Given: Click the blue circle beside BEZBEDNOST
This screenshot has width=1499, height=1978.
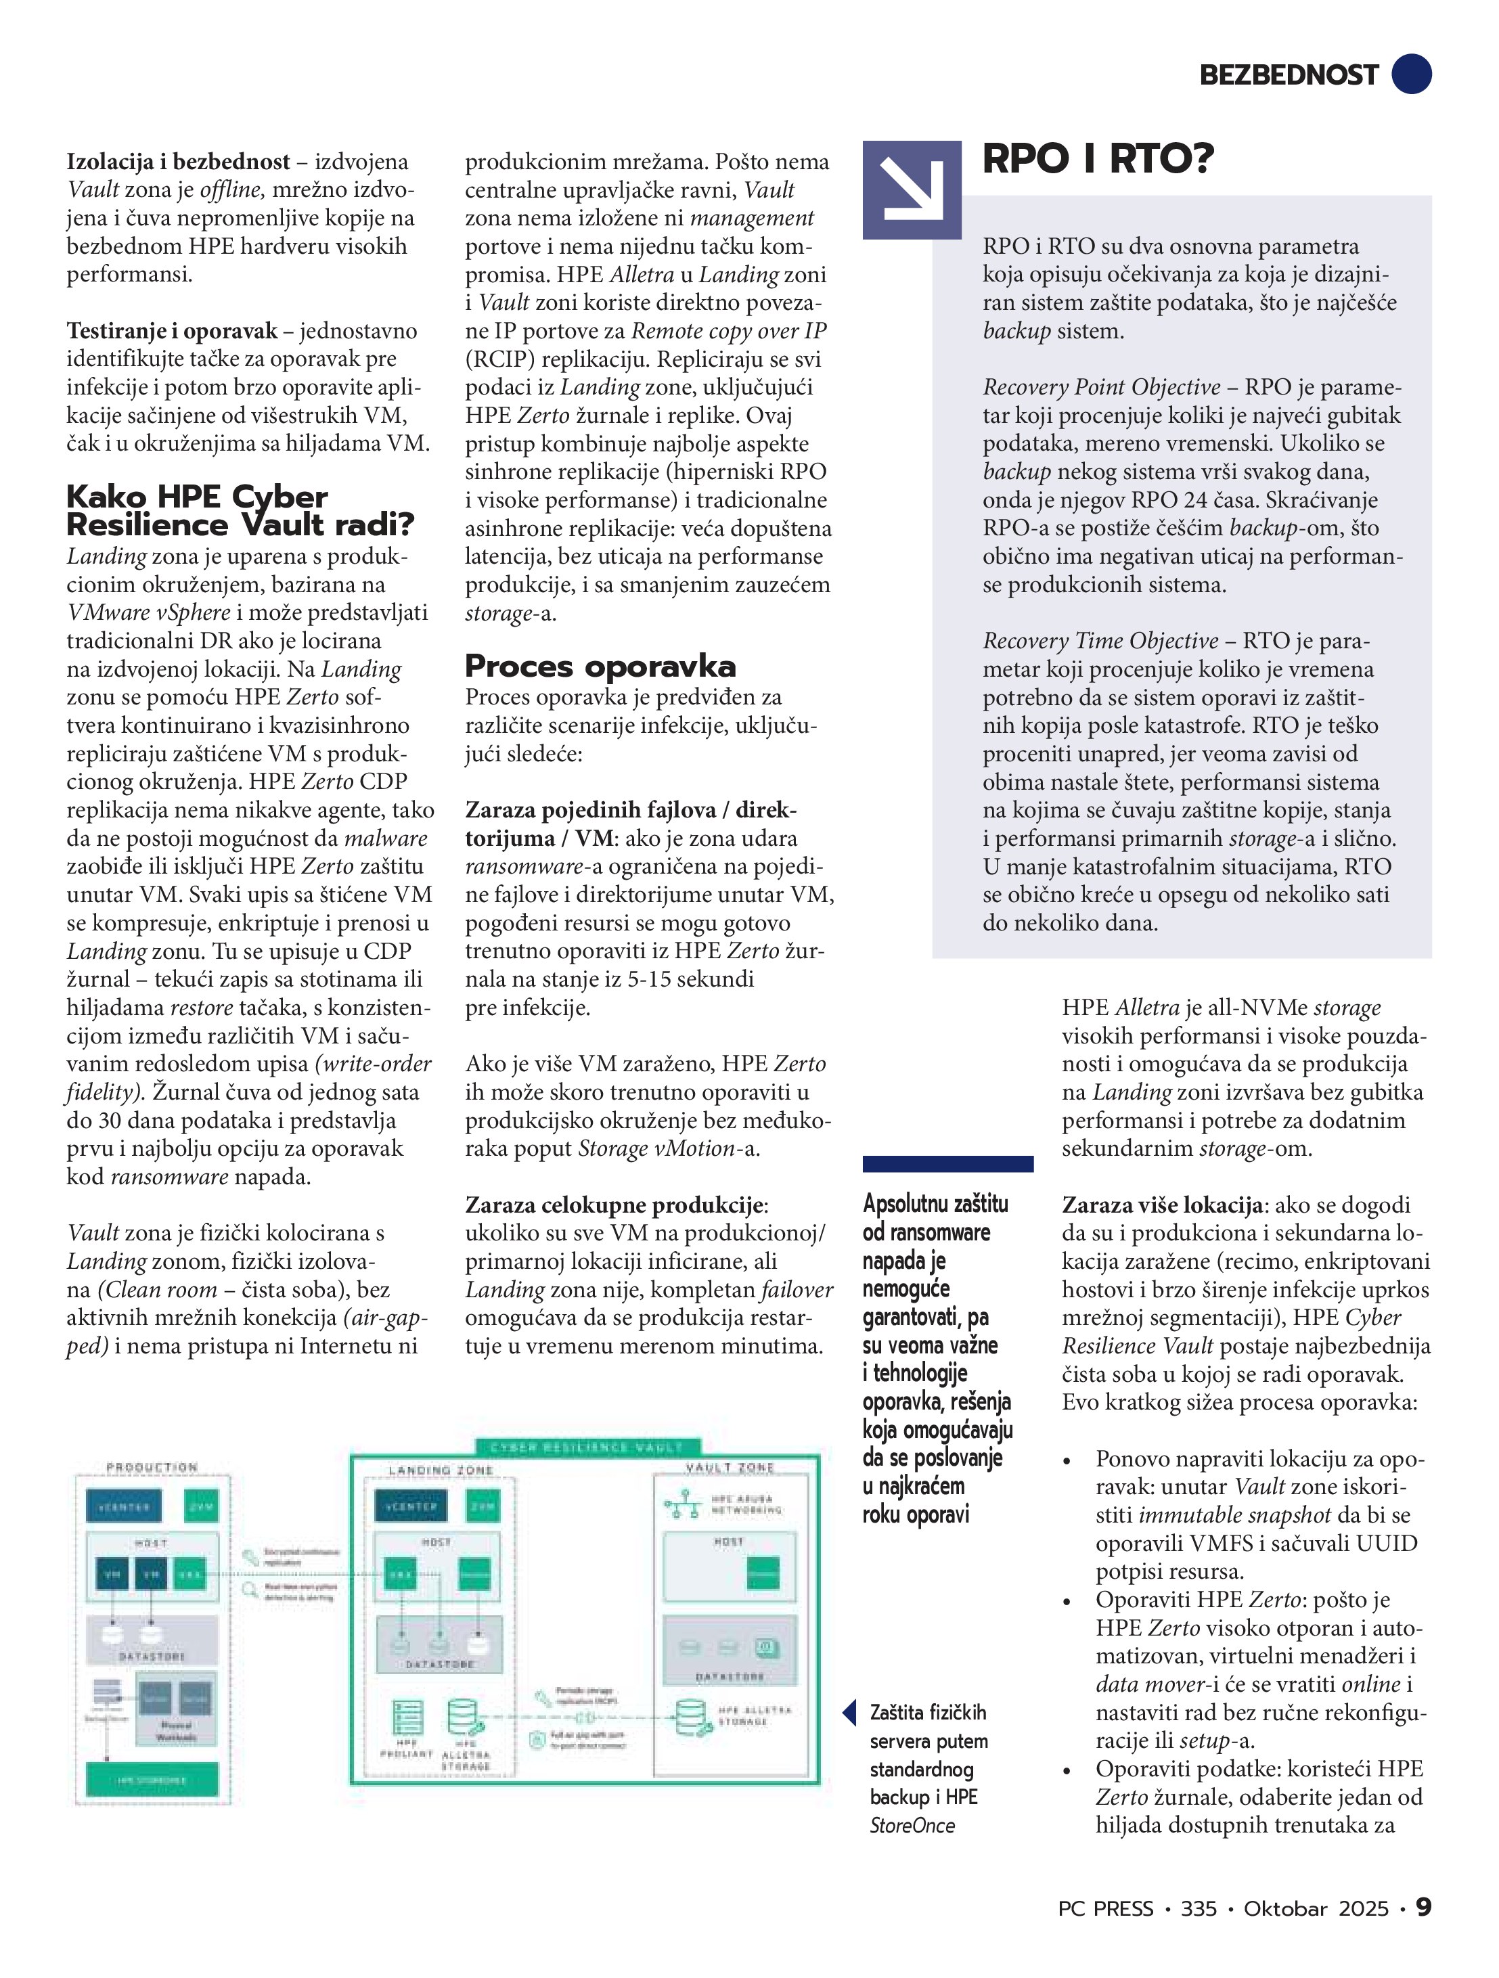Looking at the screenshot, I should click(x=1411, y=73).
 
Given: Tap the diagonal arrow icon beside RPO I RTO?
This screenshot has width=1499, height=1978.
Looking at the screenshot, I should click(x=912, y=189).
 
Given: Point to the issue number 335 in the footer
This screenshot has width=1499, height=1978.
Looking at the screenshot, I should click(x=1199, y=1908).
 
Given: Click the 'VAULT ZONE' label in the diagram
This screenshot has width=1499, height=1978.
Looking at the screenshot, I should click(x=730, y=1467).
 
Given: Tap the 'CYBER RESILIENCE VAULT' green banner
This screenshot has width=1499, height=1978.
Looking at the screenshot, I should click(x=587, y=1447).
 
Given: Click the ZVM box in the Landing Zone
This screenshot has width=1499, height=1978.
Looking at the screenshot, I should click(x=484, y=1506).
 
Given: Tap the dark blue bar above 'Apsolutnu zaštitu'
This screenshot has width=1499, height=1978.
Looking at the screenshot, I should click(x=947, y=1163).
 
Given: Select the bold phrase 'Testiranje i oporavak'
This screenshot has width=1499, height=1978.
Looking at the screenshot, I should click(x=172, y=331).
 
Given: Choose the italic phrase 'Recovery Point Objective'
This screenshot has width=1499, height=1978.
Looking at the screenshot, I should click(x=1101, y=387).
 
